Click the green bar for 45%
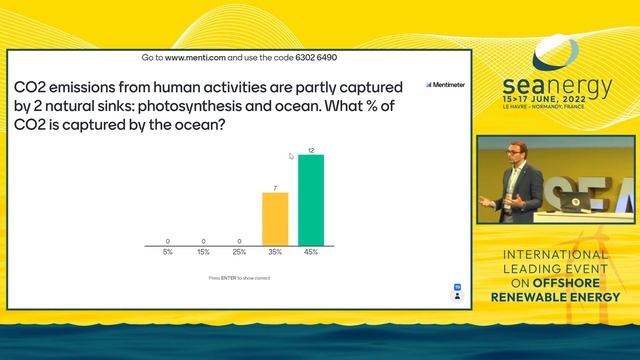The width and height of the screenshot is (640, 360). point(311,200)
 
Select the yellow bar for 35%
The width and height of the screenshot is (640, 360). point(275,219)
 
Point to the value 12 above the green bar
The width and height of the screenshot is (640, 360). point(311,150)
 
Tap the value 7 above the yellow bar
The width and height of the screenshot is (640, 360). point(275,187)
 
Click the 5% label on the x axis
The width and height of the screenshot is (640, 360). point(166,252)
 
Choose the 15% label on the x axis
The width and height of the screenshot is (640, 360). point(202,252)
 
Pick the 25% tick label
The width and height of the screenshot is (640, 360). point(239,252)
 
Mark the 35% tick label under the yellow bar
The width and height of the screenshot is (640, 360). point(275,252)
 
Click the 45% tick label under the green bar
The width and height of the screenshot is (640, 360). point(311,252)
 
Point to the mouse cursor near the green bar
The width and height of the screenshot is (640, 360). point(292,156)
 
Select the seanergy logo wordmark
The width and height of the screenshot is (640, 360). point(558,89)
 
